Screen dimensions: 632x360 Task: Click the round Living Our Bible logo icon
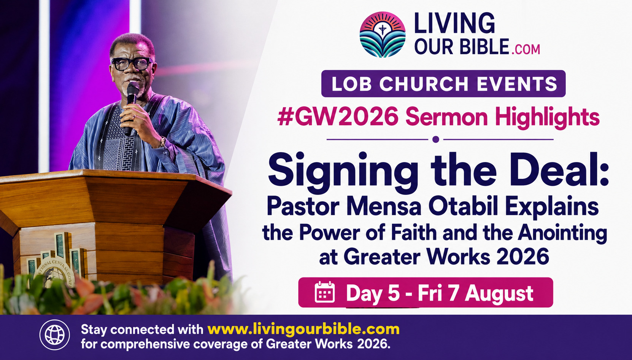(383, 35)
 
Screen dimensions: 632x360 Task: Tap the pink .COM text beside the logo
(526, 49)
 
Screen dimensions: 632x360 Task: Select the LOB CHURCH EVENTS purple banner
(443, 84)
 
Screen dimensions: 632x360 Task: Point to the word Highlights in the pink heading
(547, 118)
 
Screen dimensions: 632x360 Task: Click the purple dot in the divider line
(436, 139)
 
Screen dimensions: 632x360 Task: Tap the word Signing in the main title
(343, 172)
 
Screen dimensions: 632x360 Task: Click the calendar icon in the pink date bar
(325, 292)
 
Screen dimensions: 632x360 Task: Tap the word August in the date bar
(499, 294)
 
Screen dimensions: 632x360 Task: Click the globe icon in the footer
(55, 335)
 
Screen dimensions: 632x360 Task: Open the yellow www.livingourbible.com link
(303, 329)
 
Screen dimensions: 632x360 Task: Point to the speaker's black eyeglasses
(132, 64)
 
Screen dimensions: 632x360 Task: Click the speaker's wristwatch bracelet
(163, 142)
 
